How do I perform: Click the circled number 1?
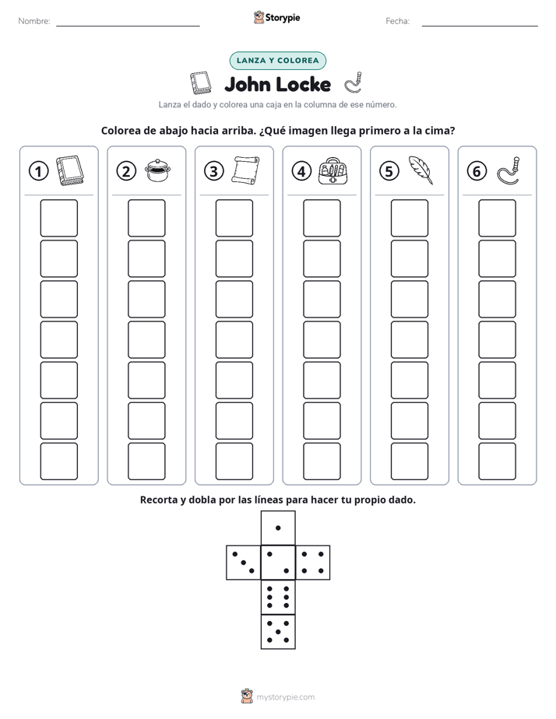(x=38, y=171)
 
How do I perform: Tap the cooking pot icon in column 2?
(x=157, y=170)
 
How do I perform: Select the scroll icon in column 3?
(x=245, y=171)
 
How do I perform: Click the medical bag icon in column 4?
(x=333, y=171)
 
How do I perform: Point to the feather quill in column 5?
(x=421, y=170)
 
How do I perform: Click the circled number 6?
(x=477, y=171)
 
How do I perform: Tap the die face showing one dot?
(x=278, y=528)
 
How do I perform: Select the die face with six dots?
(x=278, y=597)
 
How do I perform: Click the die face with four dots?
(x=313, y=563)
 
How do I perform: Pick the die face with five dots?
(x=278, y=632)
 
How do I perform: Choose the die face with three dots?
(x=244, y=563)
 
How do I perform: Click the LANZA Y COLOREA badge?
(x=277, y=61)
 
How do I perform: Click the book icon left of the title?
(x=201, y=83)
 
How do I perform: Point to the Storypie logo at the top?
(x=277, y=17)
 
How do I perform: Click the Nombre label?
(x=34, y=21)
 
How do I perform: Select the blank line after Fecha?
(x=480, y=26)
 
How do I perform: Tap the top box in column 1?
(x=58, y=218)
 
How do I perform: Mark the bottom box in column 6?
(x=498, y=461)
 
